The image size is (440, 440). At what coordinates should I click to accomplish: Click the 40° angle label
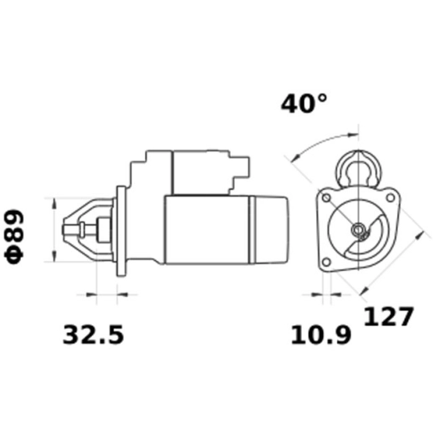304,105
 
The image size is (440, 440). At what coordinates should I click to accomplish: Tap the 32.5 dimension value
93,335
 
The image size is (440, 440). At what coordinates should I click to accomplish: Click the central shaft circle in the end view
357,230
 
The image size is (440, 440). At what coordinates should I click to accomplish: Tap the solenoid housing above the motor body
197,173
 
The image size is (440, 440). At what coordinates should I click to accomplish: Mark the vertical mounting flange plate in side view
122,230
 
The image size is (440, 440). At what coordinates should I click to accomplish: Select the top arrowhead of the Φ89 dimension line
55,203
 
